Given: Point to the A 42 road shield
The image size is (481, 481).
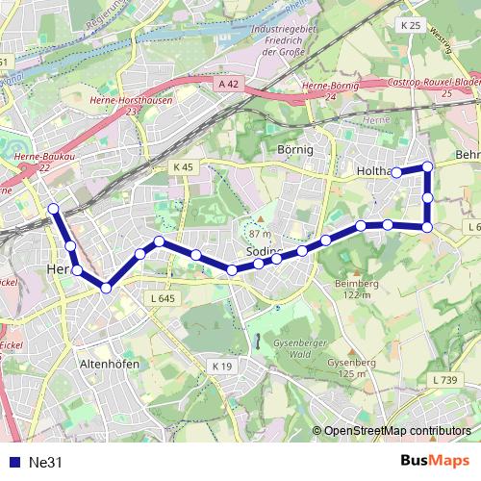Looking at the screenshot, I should tap(228, 85).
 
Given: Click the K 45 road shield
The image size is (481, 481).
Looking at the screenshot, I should tap(184, 167).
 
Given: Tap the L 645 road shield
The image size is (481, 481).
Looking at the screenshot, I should tap(163, 299).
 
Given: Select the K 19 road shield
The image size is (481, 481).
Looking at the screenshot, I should tap(221, 367).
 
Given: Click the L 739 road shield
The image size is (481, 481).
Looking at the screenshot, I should tap(445, 380).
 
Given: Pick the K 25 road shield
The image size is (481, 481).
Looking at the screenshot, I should tap(412, 24).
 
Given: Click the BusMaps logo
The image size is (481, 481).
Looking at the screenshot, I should tap(435, 461).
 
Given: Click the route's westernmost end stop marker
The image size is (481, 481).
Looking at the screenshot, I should tap(54, 208).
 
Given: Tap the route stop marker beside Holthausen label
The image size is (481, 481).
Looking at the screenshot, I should tap(395, 172).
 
